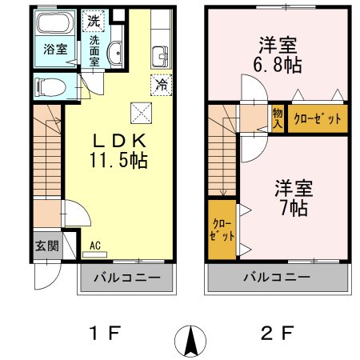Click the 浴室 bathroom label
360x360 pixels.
pyautogui.click(x=54, y=48)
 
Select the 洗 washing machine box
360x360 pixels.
pyautogui.click(x=95, y=19)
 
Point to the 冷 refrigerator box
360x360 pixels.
pyautogui.click(x=160, y=82)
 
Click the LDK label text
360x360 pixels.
pyautogui.click(x=118, y=138)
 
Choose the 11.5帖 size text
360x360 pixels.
pyautogui.click(x=118, y=160)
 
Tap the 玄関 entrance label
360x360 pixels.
pyautogui.click(x=46, y=246)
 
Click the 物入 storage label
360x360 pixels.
pyautogui.click(x=278, y=118)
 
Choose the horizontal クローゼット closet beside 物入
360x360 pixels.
pyautogui.click(x=318, y=118)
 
